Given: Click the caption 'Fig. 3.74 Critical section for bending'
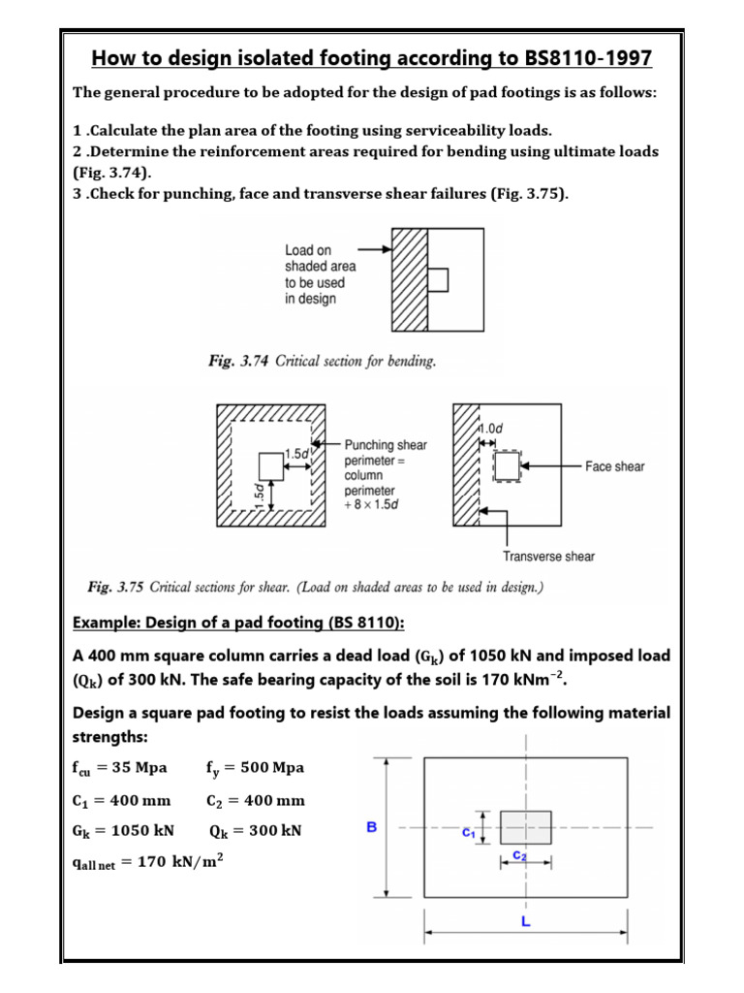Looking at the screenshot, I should pyautogui.click(x=323, y=362).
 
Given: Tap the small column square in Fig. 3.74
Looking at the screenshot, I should pyautogui.click(x=437, y=279).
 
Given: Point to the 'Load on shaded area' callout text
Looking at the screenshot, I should pyautogui.click(x=320, y=274).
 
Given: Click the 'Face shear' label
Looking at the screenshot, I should pyautogui.click(x=614, y=466).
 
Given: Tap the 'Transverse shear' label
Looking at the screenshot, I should pyautogui.click(x=548, y=556).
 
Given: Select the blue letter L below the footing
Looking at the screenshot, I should pyautogui.click(x=525, y=922).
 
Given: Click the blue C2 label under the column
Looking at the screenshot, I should pyautogui.click(x=519, y=854).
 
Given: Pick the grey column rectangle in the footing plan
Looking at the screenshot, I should pyautogui.click(x=526, y=827).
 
